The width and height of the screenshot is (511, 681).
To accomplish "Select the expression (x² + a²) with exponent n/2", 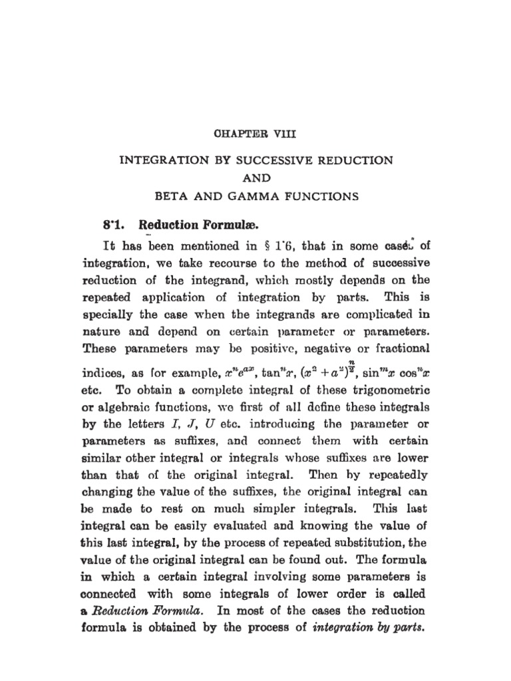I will (343, 370).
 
